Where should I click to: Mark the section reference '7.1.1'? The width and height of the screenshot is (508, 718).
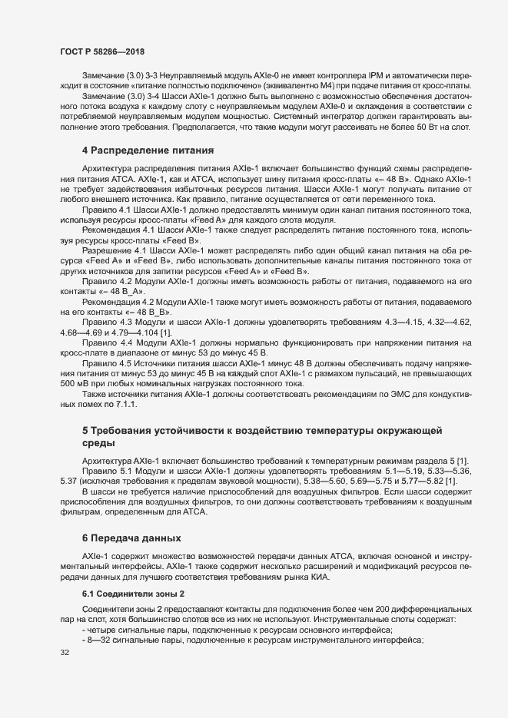125,403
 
